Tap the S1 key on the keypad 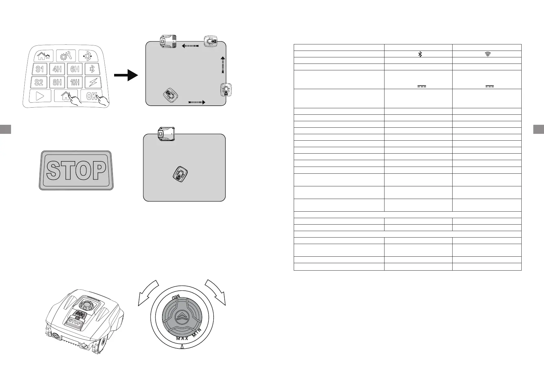pos(40,69)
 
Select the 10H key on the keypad pos(75,82)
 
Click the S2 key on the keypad pos(39,82)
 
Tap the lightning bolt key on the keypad pos(93,82)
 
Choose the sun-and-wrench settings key pos(66,56)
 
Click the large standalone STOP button pos(76,170)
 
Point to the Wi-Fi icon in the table pos(487,54)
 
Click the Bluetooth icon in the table pos(420,54)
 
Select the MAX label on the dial pos(182,338)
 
